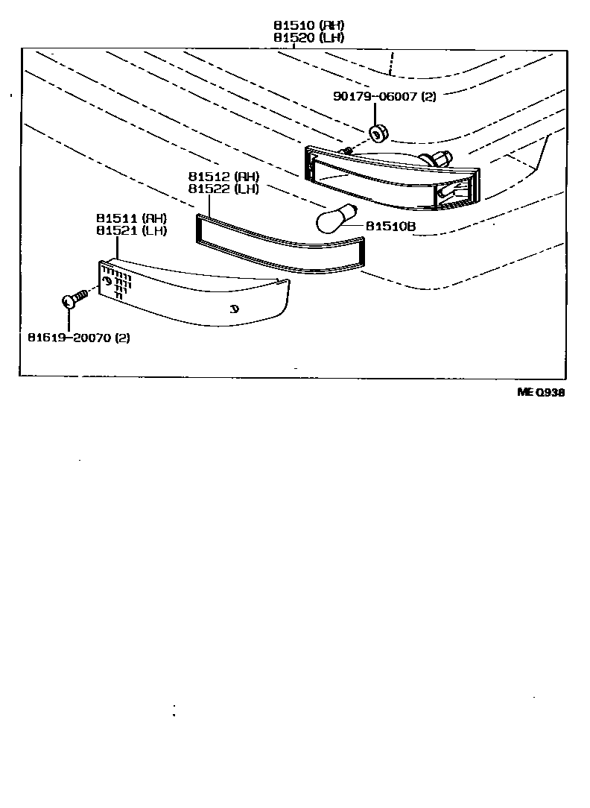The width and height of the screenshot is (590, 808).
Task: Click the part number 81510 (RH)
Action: point(307,25)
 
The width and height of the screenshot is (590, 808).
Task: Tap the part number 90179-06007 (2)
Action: point(384,97)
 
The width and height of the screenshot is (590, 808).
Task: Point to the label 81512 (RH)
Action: point(223,177)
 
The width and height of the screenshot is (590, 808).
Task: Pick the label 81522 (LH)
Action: point(223,189)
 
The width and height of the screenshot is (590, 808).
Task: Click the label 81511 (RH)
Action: point(131,218)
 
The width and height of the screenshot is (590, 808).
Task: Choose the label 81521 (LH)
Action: point(131,230)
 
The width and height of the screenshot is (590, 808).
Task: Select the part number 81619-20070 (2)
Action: point(79,338)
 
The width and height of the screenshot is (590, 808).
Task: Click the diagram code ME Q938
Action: point(541,393)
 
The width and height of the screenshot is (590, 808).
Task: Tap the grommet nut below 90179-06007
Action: point(378,133)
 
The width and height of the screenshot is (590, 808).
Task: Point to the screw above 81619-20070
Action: point(72,300)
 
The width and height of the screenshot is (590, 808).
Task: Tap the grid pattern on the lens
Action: point(116,283)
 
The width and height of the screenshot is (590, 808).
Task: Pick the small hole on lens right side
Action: point(234,309)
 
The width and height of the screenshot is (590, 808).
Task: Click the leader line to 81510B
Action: point(353,225)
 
